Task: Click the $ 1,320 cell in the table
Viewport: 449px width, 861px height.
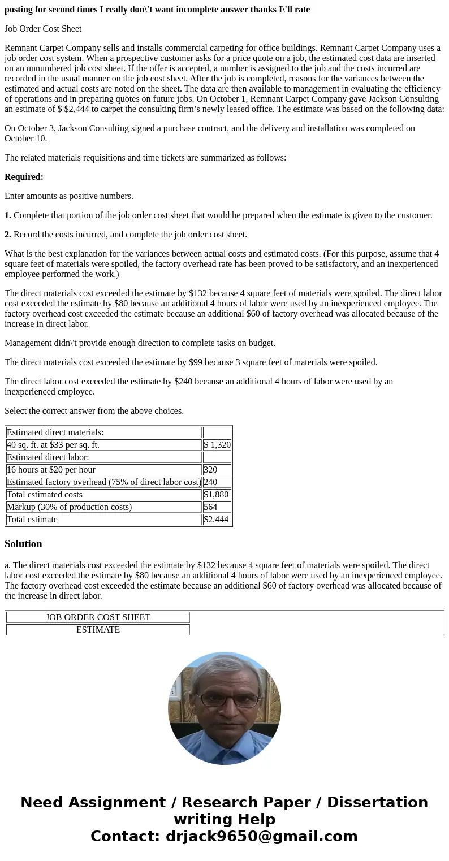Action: [x=217, y=445]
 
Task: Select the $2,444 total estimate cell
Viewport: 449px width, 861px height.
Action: [x=217, y=520]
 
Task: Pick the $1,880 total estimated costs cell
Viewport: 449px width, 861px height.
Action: [x=217, y=495]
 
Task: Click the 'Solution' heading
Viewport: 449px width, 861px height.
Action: [x=23, y=544]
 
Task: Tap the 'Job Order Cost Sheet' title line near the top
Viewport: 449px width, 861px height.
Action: [x=43, y=29]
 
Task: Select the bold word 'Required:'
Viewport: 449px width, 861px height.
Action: [x=24, y=177]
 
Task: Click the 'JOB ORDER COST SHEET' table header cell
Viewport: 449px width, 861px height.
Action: [x=98, y=617]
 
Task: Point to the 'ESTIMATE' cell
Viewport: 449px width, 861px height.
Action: [x=98, y=630]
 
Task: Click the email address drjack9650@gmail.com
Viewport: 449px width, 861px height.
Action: [x=261, y=837]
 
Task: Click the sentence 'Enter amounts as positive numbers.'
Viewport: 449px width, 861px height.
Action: [x=69, y=196]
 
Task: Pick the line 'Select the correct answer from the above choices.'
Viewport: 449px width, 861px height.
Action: [x=94, y=411]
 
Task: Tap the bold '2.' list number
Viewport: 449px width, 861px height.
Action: [x=8, y=235]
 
